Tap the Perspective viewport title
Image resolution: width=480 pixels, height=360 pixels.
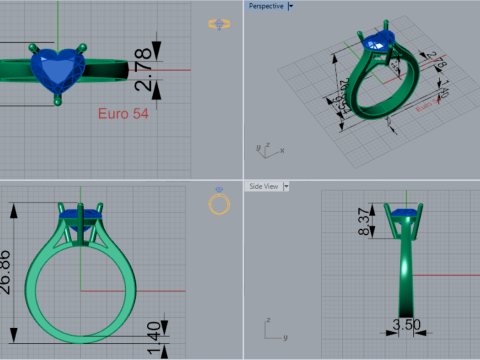point(265,6)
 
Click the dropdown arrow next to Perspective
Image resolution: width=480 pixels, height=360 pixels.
point(291,6)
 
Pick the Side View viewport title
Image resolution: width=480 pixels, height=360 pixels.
point(264,186)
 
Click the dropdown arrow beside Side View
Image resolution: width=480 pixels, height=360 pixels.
point(286,186)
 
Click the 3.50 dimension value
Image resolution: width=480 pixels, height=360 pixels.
point(403,325)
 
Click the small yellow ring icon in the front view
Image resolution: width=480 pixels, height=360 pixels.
point(219,203)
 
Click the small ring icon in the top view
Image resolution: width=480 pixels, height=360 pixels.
point(217,23)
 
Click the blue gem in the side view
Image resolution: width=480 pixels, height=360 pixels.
point(403,212)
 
